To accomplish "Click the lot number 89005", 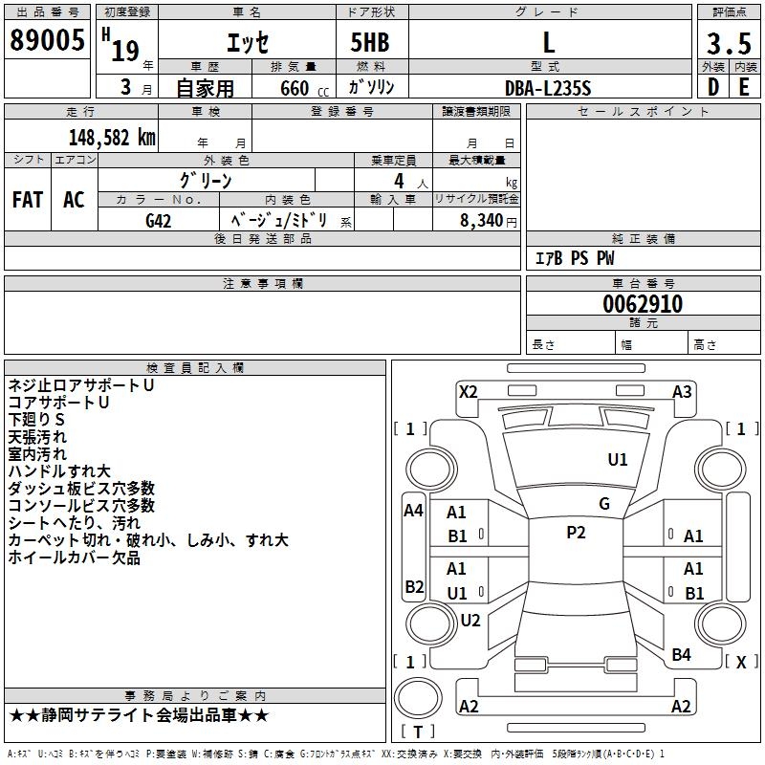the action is pyautogui.click(x=47, y=42).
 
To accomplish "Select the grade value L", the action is pyautogui.click(x=548, y=42).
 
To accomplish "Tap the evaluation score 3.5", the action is pyautogui.click(x=728, y=44).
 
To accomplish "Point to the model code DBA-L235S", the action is pyautogui.click(x=548, y=87).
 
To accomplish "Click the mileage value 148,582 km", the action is pyautogui.click(x=112, y=137).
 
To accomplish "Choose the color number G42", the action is pyautogui.click(x=158, y=220).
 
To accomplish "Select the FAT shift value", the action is pyautogui.click(x=28, y=200).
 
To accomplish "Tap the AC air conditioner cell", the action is pyautogui.click(x=74, y=200).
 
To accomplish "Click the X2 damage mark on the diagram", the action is pyautogui.click(x=468, y=391).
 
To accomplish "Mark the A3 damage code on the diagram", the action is pyautogui.click(x=682, y=391).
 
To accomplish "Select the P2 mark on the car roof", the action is pyautogui.click(x=576, y=533).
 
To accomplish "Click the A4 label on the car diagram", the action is pyautogui.click(x=413, y=511).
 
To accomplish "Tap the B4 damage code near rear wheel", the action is pyautogui.click(x=681, y=654).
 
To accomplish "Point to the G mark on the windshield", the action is pyautogui.click(x=603, y=504).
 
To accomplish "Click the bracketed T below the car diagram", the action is pyautogui.click(x=417, y=732).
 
